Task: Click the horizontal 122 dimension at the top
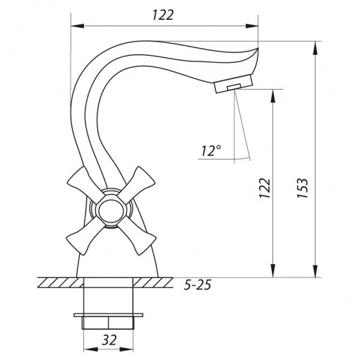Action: (163, 15)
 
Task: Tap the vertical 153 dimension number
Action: (302, 188)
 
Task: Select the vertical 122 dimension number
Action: (265, 188)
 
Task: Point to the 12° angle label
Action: (211, 150)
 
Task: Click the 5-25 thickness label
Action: (198, 284)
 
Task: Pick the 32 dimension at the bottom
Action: (109, 340)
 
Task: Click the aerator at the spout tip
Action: (234, 83)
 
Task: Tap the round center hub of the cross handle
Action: (110, 211)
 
